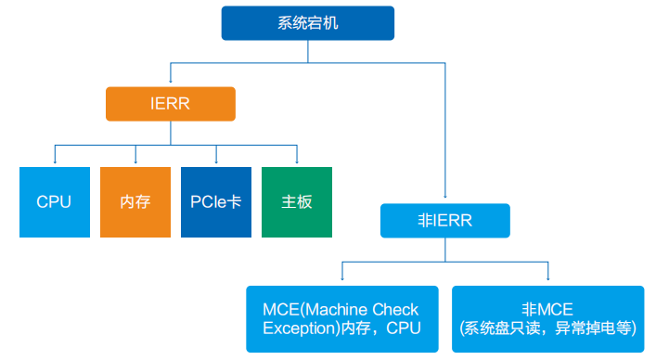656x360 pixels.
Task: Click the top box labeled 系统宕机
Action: pos(307,23)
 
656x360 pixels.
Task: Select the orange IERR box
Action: pos(170,104)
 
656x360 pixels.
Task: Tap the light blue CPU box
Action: pos(55,201)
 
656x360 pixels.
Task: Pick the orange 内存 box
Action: pos(135,201)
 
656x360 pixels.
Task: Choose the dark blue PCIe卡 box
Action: pos(216,201)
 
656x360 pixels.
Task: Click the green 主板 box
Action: pos(297,201)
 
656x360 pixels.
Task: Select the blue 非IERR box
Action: pos(444,221)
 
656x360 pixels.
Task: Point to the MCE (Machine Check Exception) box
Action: pos(341,318)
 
